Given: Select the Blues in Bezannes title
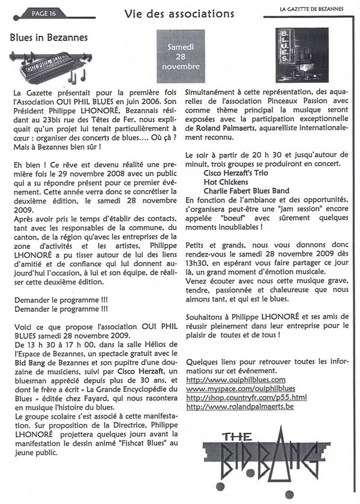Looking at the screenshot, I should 49,37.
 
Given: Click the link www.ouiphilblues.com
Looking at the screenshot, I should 227,380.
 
